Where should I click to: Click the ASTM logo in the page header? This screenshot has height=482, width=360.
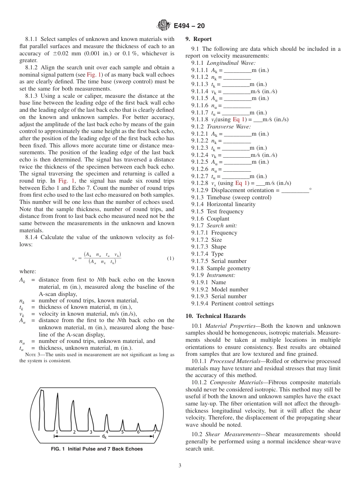(x=164, y=25)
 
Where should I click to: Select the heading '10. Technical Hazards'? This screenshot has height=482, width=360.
(x=215, y=316)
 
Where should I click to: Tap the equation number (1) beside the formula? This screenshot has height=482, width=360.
(x=171, y=258)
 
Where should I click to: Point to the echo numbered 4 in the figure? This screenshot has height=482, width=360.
(x=107, y=431)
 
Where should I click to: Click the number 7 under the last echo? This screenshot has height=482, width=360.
(x=155, y=432)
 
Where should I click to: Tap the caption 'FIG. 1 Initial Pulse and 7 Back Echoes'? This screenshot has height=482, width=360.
(x=97, y=449)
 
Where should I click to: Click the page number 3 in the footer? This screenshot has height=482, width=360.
(x=180, y=466)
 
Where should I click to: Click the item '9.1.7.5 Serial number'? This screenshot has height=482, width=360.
(x=219, y=261)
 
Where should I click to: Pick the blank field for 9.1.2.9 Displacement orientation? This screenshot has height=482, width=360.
(x=295, y=191)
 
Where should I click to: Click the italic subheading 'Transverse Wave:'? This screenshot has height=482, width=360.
(x=229, y=127)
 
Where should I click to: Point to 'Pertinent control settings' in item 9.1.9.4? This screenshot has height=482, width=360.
(x=242, y=304)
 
